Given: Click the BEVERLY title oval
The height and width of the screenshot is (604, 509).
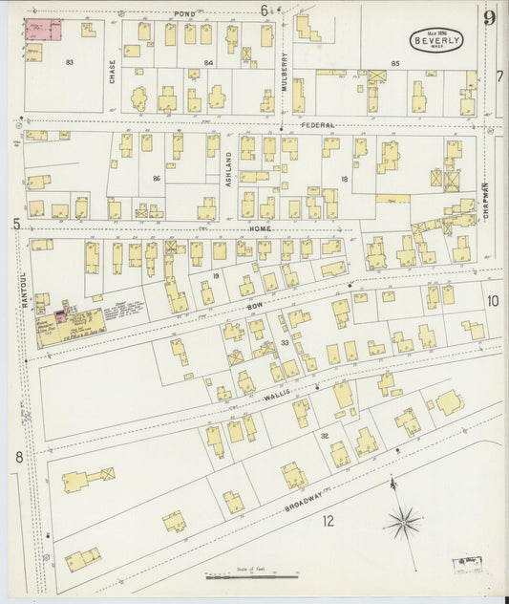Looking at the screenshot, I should pyautogui.click(x=437, y=40).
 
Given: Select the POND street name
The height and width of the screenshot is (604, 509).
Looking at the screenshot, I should pyautogui.click(x=184, y=13).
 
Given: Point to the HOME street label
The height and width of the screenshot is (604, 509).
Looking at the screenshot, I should pyautogui.click(x=261, y=229).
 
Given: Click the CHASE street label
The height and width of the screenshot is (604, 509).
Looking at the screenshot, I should pyautogui.click(x=112, y=71).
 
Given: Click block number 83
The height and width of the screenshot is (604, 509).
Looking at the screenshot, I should pyautogui.click(x=70, y=62).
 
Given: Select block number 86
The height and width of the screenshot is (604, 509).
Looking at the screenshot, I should pyautogui.click(x=157, y=178).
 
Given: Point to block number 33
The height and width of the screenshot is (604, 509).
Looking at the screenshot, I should pyautogui.click(x=285, y=342).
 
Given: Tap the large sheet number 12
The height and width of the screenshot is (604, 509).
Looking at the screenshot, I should pyautogui.click(x=329, y=521).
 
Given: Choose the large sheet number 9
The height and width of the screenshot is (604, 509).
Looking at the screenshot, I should pyautogui.click(x=489, y=16).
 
